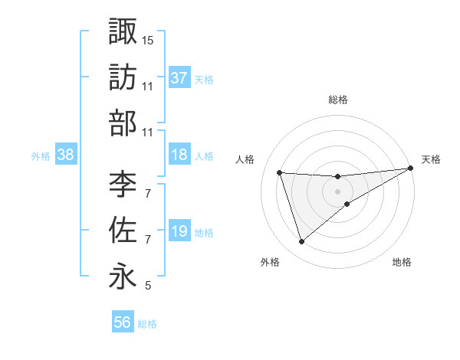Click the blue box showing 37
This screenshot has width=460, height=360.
coord(179,77)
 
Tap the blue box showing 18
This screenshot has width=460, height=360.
coord(179,155)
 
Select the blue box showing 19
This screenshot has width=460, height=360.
coord(179,232)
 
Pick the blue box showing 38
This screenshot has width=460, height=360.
coord(66,155)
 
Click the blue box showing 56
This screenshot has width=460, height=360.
coord(123,323)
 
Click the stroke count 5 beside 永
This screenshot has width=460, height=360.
coord(148,286)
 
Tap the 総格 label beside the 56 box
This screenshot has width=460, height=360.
coord(147,324)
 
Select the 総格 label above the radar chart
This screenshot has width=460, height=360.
coord(338,100)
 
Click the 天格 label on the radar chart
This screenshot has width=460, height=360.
coord(431,159)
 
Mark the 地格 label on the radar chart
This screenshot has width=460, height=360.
coord(402,263)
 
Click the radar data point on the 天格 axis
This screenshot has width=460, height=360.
coord(411,169)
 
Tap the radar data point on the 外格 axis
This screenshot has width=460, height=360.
coord(301,242)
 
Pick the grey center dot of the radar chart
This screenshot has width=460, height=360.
coord(337,191)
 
